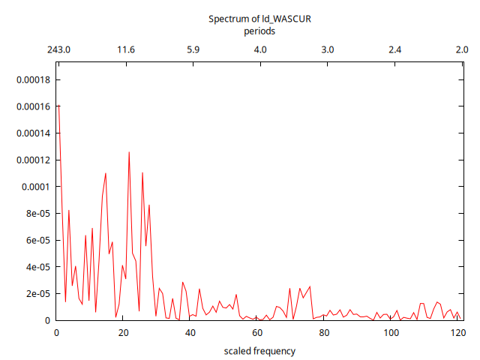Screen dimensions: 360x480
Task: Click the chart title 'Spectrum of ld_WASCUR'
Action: pyautogui.click(x=259, y=19)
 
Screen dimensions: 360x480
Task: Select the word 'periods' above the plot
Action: pyautogui.click(x=259, y=31)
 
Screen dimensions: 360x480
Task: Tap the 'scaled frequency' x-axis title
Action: pyautogui.click(x=259, y=351)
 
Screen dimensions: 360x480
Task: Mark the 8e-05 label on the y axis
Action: pyautogui.click(x=37, y=214)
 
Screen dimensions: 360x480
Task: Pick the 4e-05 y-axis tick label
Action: pyautogui.click(x=37, y=267)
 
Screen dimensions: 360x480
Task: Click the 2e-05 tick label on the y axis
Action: pyautogui.click(x=37, y=294)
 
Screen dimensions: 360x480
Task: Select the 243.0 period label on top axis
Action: pyautogui.click(x=58, y=50)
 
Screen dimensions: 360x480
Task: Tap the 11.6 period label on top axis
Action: pyautogui.click(x=126, y=50)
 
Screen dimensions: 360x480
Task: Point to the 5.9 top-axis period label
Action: pyautogui.click(x=193, y=50)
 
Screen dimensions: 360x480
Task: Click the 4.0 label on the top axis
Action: pyautogui.click(x=260, y=50)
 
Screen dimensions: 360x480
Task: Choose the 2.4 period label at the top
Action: pyautogui.click(x=394, y=50)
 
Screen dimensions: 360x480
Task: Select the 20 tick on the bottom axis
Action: pyautogui.click(x=123, y=334)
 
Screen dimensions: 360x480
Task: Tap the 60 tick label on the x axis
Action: pyautogui.click(x=257, y=334)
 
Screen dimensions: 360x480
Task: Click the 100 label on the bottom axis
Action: pyautogui.click(x=391, y=334)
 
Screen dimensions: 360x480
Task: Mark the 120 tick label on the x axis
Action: pyautogui.click(x=458, y=334)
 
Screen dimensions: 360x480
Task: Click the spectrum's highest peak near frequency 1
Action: pyautogui.click(x=58, y=106)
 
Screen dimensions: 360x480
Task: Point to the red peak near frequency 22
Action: pyautogui.click(x=129, y=152)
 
